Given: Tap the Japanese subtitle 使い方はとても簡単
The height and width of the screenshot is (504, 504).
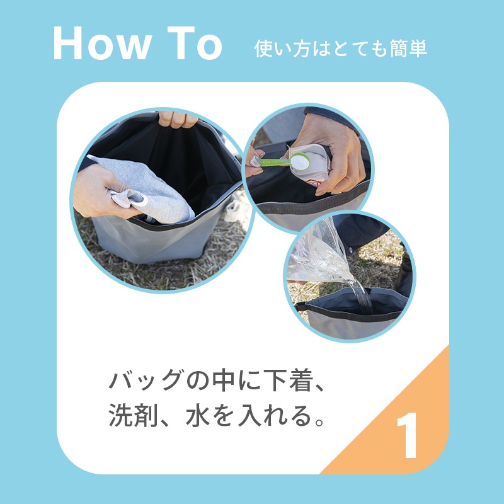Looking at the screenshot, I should [340, 49].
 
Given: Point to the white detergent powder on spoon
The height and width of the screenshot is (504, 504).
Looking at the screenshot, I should [300, 162].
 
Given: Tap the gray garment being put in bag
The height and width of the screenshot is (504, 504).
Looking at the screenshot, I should [151, 189].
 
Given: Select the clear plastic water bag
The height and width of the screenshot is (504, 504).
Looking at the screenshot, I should [321, 252].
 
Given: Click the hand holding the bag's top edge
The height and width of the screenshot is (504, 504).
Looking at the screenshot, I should [178, 118].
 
